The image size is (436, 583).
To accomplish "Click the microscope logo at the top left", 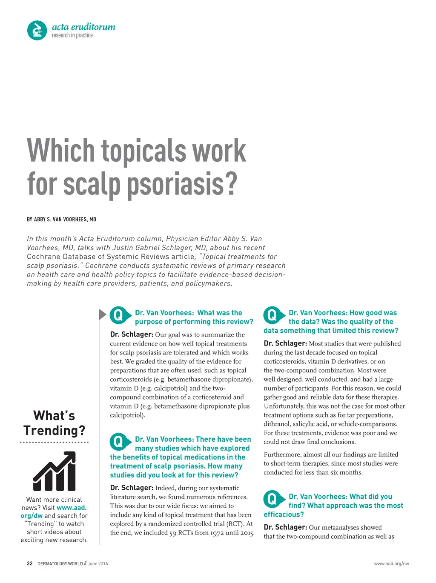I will click(37, 31).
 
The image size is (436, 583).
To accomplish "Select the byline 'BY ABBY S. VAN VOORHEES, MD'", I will click(62, 220).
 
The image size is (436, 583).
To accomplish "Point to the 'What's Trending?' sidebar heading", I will click(54, 423).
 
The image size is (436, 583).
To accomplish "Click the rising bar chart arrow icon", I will click(54, 472).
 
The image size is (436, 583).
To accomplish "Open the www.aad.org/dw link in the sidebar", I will click(54, 512).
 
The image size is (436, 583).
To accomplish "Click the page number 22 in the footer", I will click(29, 563).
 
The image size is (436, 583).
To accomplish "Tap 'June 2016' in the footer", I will click(98, 563).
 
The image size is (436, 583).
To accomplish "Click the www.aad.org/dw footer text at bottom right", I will click(391, 563).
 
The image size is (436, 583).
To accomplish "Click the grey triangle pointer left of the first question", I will click(102, 314).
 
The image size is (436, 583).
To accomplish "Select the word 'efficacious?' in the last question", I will click(284, 514).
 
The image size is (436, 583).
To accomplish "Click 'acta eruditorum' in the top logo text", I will click(83, 27).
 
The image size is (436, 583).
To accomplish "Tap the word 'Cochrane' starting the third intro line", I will click(43, 257).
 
